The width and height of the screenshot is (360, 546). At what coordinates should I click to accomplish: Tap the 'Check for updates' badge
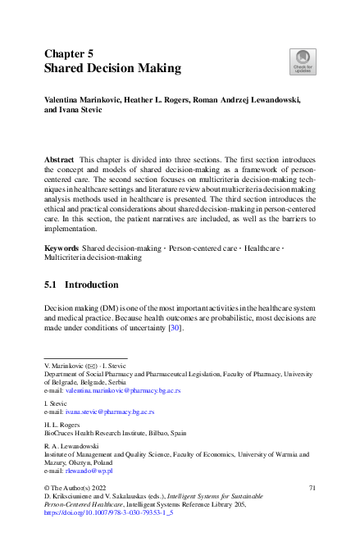(x=302, y=61)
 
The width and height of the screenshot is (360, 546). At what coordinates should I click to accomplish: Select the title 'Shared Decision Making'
(x=112, y=68)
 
